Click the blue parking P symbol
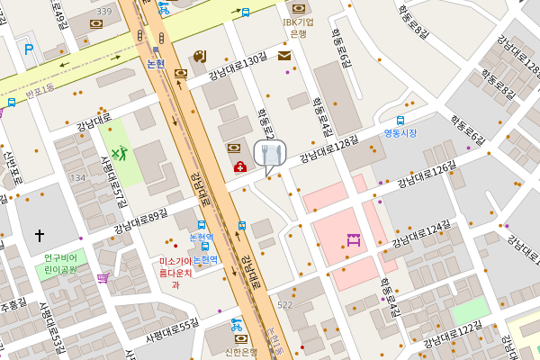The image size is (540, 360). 29,49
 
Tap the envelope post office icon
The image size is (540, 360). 284,56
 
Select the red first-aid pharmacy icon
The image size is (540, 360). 240,166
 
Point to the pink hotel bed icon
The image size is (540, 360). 353,239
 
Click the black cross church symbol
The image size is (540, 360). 40,235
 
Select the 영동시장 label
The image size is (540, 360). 400,133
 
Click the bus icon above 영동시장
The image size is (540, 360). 400,120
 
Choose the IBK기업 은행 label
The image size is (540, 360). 298,27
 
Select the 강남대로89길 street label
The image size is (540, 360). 140,220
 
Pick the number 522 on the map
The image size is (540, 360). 285,306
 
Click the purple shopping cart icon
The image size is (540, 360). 103,278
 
